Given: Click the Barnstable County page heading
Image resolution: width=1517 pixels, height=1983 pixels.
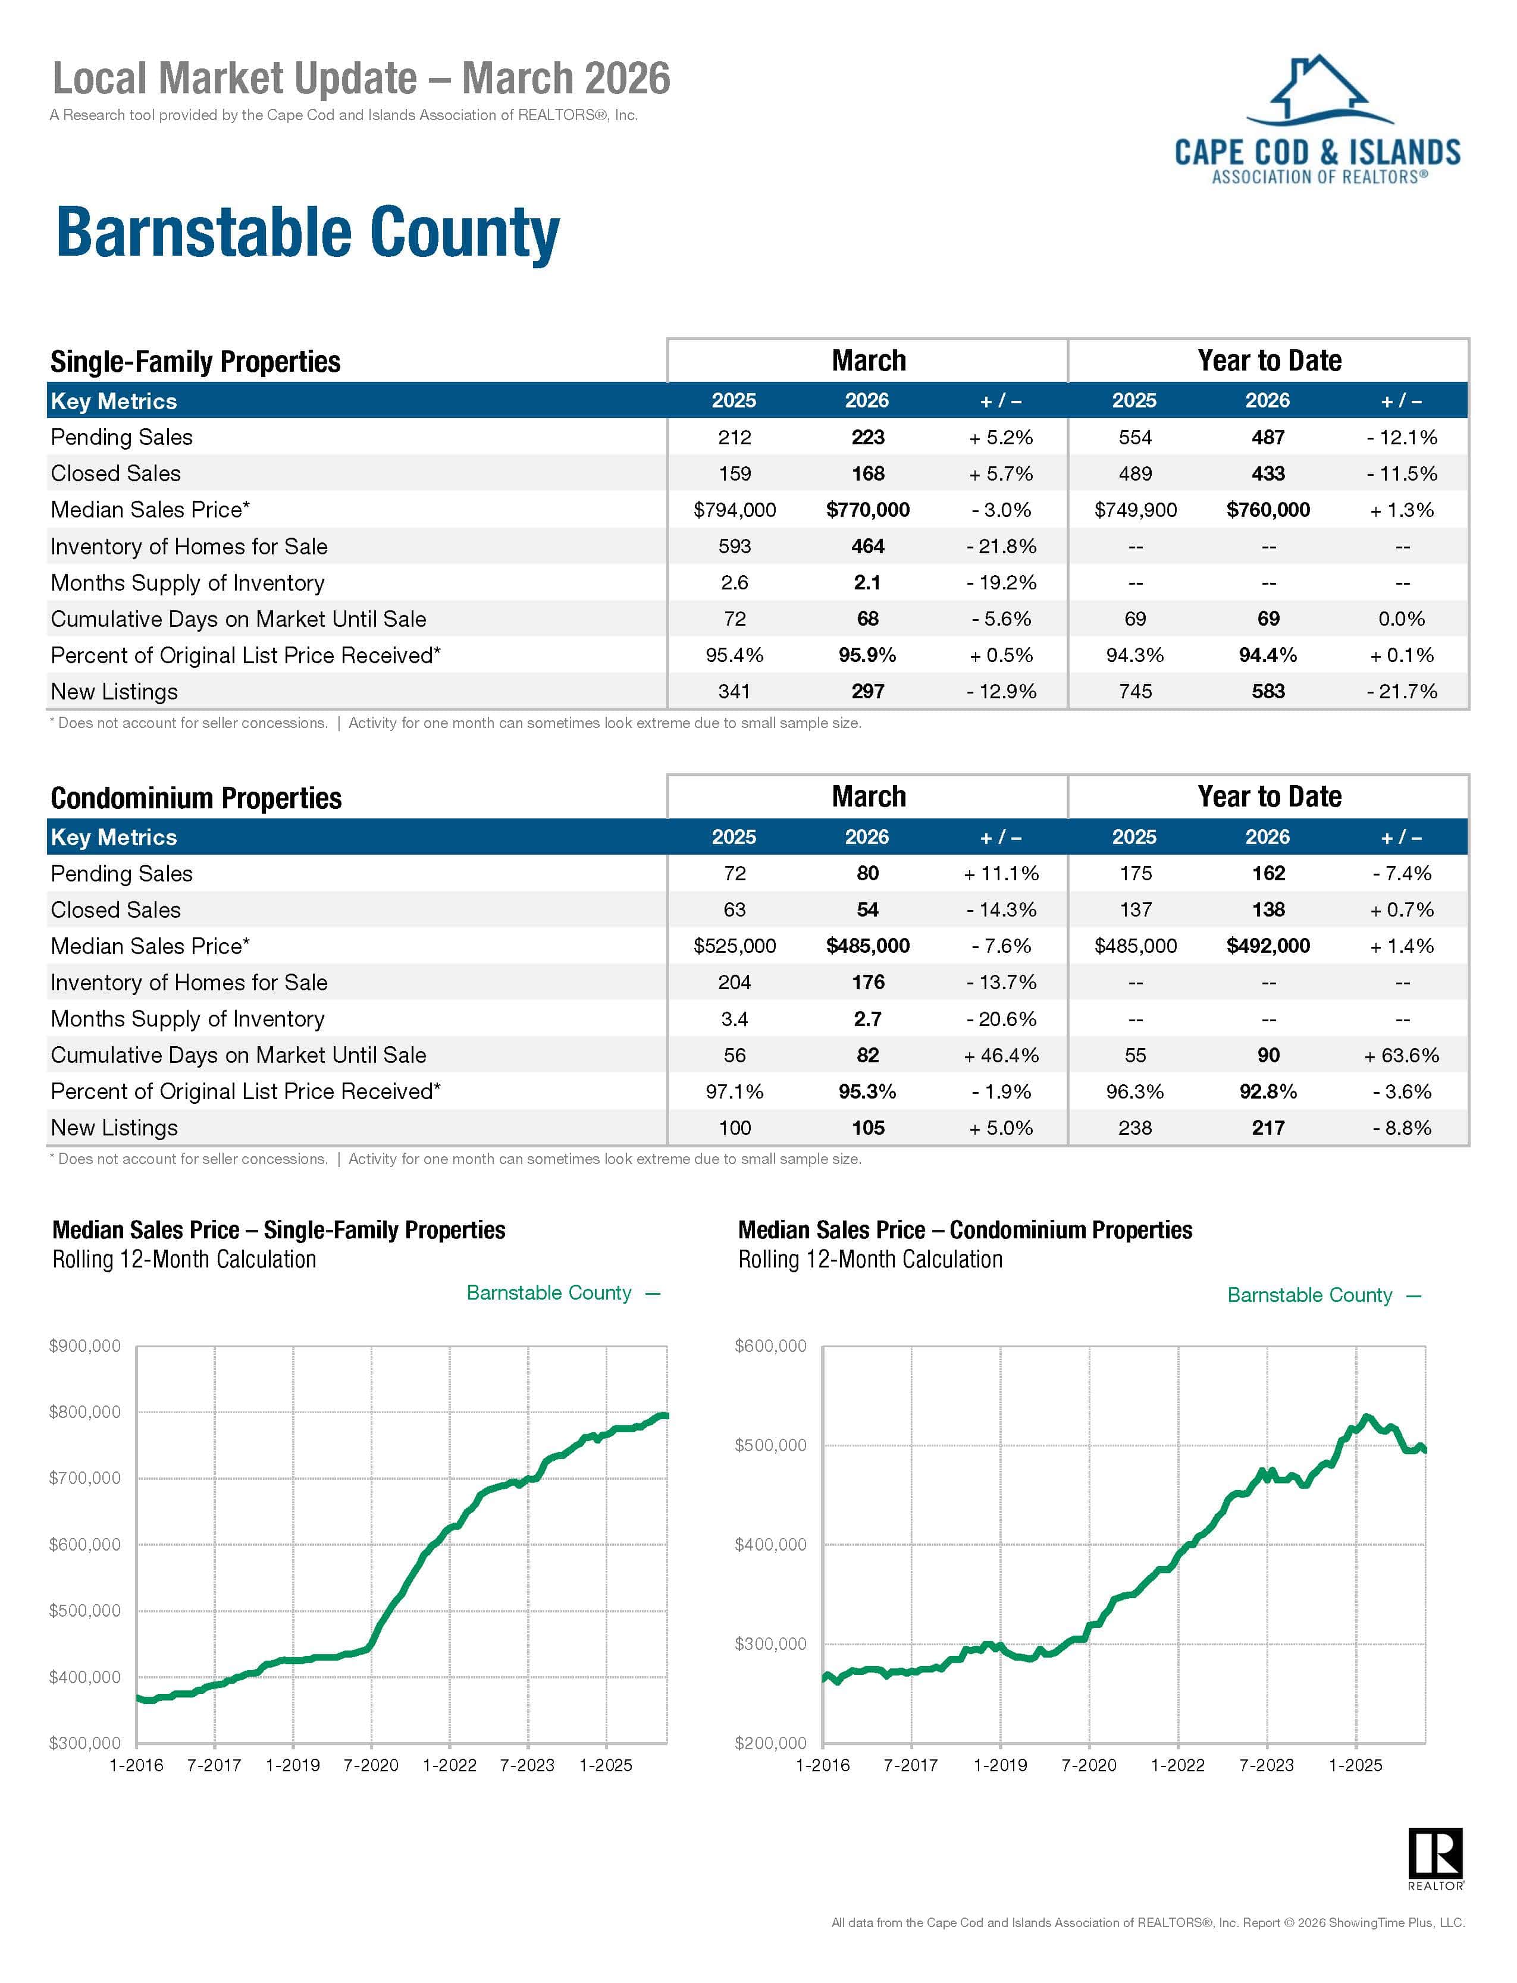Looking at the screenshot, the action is [x=308, y=234].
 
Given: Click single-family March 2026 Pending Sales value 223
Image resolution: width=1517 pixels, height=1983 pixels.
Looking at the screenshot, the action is [x=868, y=438].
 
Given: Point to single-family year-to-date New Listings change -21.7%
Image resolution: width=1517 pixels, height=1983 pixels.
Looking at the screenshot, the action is [x=1402, y=691].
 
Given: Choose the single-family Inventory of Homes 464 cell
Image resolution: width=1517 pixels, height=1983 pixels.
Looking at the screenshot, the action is [x=868, y=546].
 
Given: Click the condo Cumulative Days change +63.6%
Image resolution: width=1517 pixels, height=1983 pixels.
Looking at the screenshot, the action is [x=1402, y=1055].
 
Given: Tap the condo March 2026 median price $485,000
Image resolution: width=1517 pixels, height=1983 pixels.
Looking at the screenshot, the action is [x=868, y=946].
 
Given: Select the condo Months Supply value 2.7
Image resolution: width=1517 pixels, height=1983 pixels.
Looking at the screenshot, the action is [x=868, y=1019].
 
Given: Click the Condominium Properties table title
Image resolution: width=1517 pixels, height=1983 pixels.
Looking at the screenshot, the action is [x=196, y=798].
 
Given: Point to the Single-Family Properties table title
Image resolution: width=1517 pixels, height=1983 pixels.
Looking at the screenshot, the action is [x=195, y=362].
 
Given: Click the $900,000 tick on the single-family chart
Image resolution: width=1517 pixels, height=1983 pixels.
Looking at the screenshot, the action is [x=85, y=1347].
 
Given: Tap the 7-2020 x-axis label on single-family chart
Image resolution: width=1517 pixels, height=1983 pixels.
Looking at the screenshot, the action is [x=371, y=1765].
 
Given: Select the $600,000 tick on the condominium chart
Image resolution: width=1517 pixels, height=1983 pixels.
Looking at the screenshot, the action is [x=771, y=1346].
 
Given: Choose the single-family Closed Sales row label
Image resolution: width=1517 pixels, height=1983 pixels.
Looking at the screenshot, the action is [x=115, y=474].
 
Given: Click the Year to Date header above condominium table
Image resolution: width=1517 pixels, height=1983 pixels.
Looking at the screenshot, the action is [x=1269, y=797].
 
